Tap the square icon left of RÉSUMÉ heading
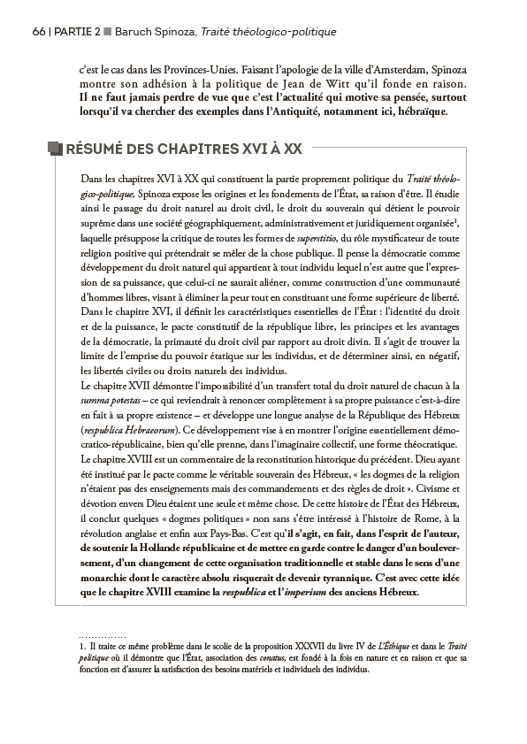click(x=55, y=149)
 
